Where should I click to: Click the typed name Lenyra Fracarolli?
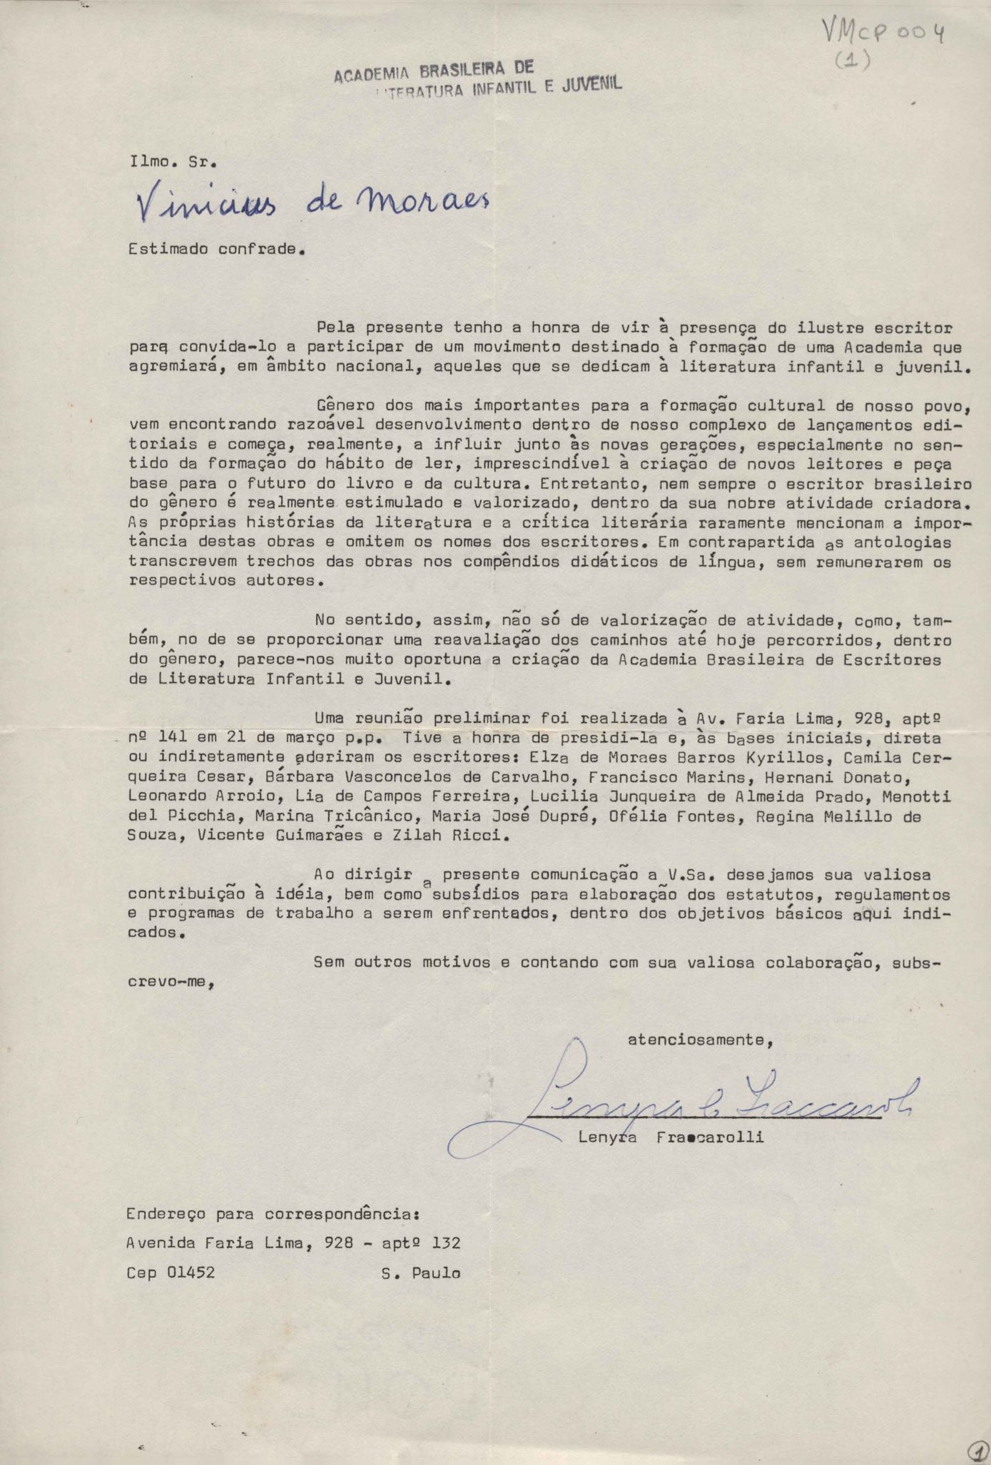point(671,1137)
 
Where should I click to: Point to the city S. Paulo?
point(421,1273)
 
